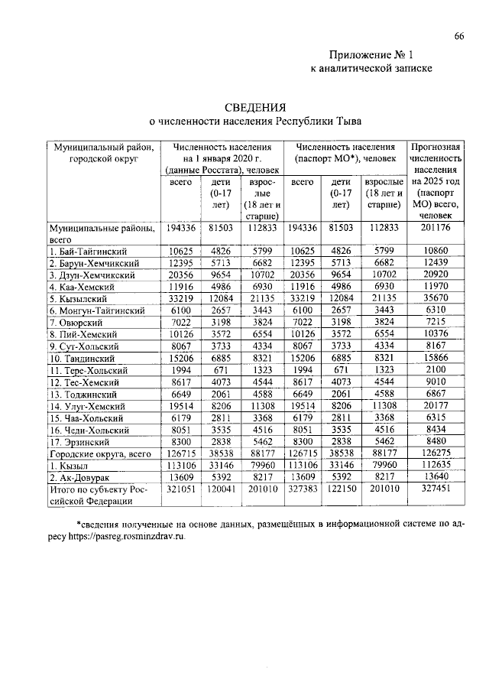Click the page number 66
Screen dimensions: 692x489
tap(458, 36)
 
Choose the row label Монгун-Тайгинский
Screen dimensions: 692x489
tap(98, 310)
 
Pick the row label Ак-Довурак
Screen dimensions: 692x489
tap(82, 477)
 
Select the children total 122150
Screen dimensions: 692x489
tap(341, 489)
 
